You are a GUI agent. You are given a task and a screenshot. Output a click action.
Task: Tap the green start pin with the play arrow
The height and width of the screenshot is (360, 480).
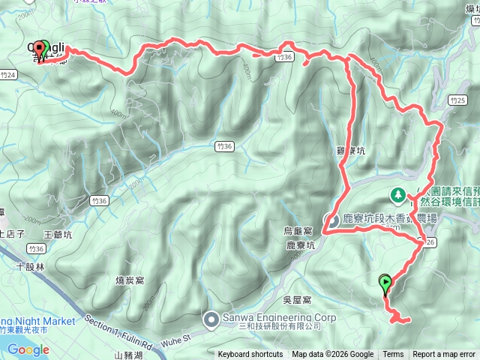386,283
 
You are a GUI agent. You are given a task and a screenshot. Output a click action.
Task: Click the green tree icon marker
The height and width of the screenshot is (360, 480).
397,195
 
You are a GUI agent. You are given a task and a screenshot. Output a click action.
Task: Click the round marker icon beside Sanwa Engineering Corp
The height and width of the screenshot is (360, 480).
211,320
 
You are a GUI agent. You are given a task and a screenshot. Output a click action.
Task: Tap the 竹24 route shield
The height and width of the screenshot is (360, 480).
8,75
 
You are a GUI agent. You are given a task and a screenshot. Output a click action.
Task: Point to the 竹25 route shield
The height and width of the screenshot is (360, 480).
457,100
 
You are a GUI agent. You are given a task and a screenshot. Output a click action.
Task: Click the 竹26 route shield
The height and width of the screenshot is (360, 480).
428,242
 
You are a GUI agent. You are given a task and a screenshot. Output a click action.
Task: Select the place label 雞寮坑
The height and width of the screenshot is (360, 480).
350,151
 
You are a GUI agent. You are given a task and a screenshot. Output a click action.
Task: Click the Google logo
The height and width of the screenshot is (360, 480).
28,349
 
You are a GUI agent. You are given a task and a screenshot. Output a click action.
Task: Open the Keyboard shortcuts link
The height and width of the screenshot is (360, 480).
250,355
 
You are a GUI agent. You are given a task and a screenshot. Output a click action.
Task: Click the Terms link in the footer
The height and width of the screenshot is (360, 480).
393,355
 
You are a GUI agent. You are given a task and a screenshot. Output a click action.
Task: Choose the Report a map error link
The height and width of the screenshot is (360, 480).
444,355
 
